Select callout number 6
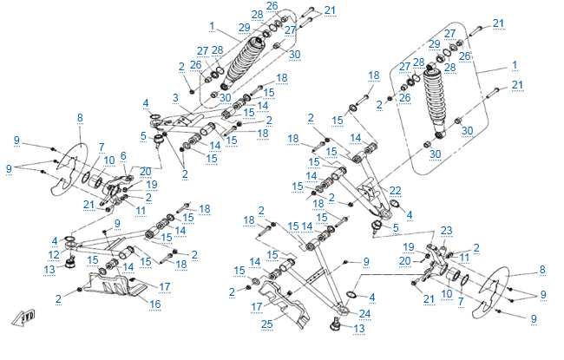click(123, 155)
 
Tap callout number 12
click(53, 255)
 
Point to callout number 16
click(155, 304)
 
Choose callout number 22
click(395, 190)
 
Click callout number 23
click(447, 230)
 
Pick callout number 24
click(364, 313)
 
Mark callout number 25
click(266, 324)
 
